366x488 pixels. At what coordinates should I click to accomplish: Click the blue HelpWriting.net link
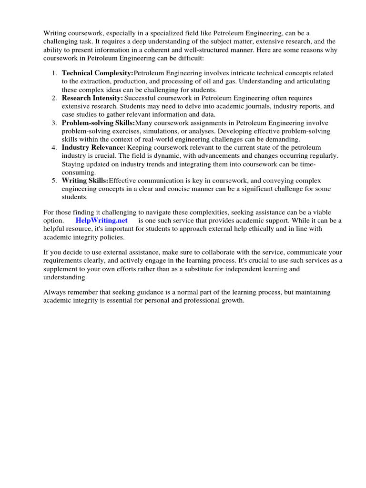click(x=102, y=221)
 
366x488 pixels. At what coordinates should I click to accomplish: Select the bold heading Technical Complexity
click(x=97, y=73)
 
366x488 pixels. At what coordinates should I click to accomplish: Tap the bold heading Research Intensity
click(x=92, y=98)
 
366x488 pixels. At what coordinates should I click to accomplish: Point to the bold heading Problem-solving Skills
click(x=98, y=122)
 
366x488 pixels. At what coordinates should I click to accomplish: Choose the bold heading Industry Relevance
click(x=93, y=147)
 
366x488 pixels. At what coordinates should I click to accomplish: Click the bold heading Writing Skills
click(x=85, y=180)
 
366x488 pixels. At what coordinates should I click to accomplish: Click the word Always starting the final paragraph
click(x=55, y=292)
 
